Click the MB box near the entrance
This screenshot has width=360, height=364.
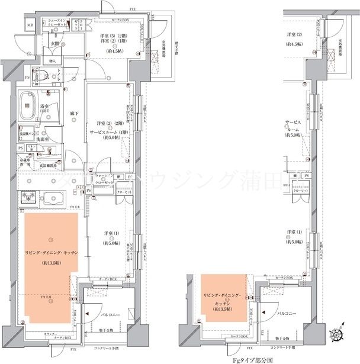(x=30, y=25)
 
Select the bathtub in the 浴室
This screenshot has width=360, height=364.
(x=27, y=106)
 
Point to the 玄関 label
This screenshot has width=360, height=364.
(x=54, y=44)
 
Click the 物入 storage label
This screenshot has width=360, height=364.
(x=52, y=61)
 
